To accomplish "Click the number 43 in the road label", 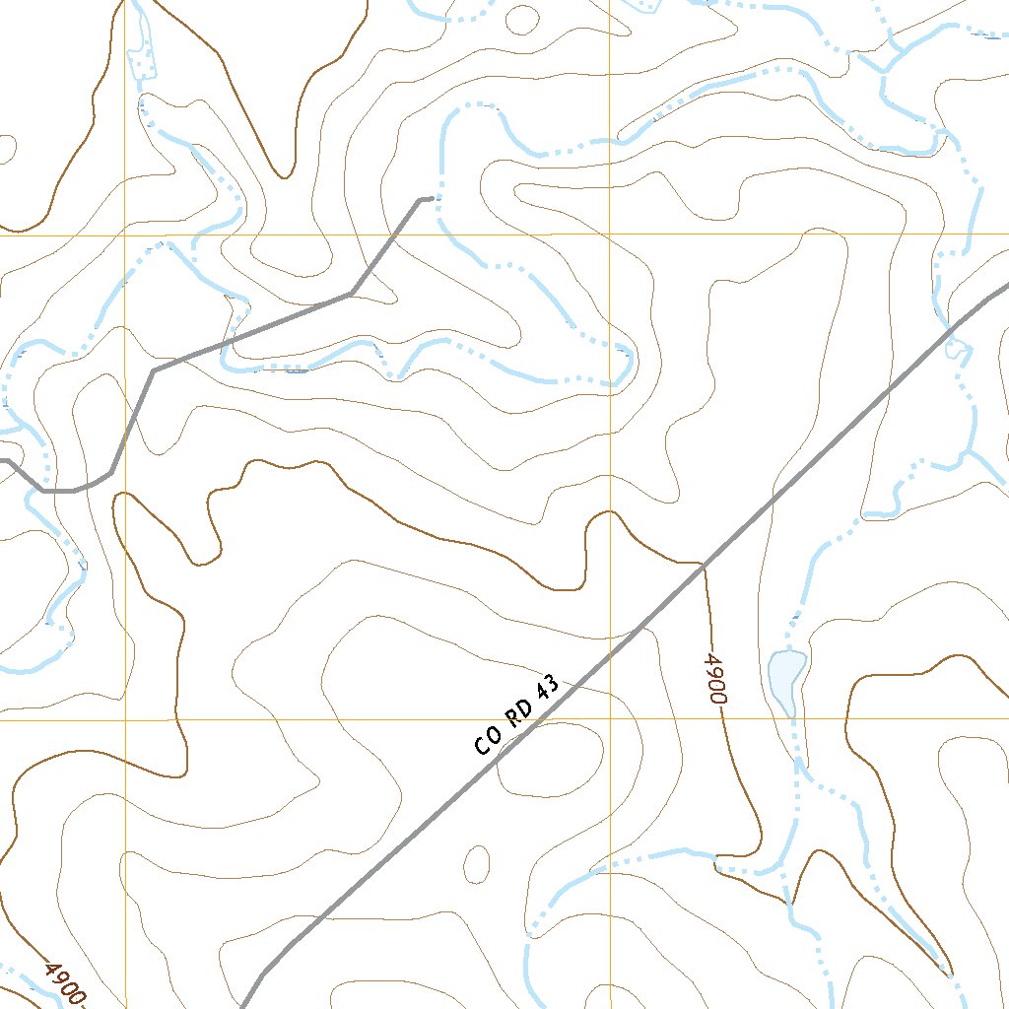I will (548, 686).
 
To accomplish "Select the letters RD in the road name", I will (519, 712).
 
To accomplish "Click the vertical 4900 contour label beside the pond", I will (716, 677).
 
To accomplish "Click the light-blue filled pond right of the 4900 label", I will (786, 677).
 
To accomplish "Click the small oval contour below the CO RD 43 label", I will (477, 863).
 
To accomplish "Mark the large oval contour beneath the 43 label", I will (549, 758).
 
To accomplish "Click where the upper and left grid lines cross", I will (125, 235).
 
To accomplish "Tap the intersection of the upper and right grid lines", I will (610, 235).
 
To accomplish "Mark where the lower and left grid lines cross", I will (125, 719).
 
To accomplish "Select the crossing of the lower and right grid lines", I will (610, 719).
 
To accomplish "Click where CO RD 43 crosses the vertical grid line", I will (610, 652).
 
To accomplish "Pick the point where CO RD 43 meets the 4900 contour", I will (704, 566).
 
